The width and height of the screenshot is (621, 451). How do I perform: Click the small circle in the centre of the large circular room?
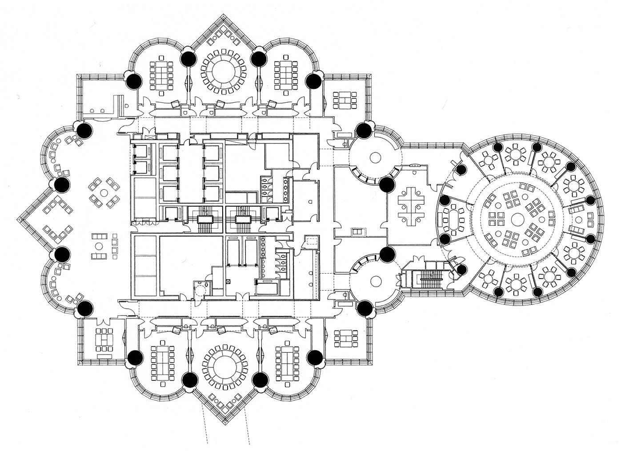coord(517,219)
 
